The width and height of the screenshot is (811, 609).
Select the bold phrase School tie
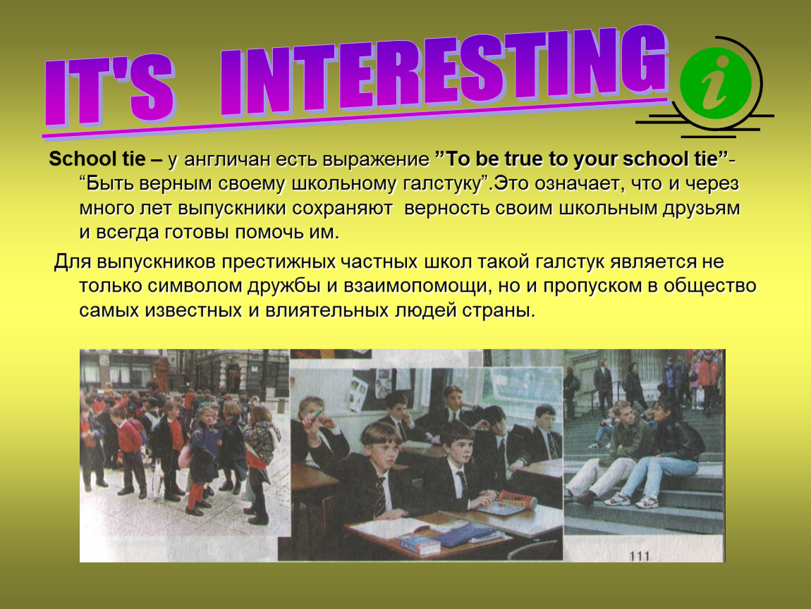97,159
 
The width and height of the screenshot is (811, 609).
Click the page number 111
640,555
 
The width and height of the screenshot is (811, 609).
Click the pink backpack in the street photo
185,455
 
